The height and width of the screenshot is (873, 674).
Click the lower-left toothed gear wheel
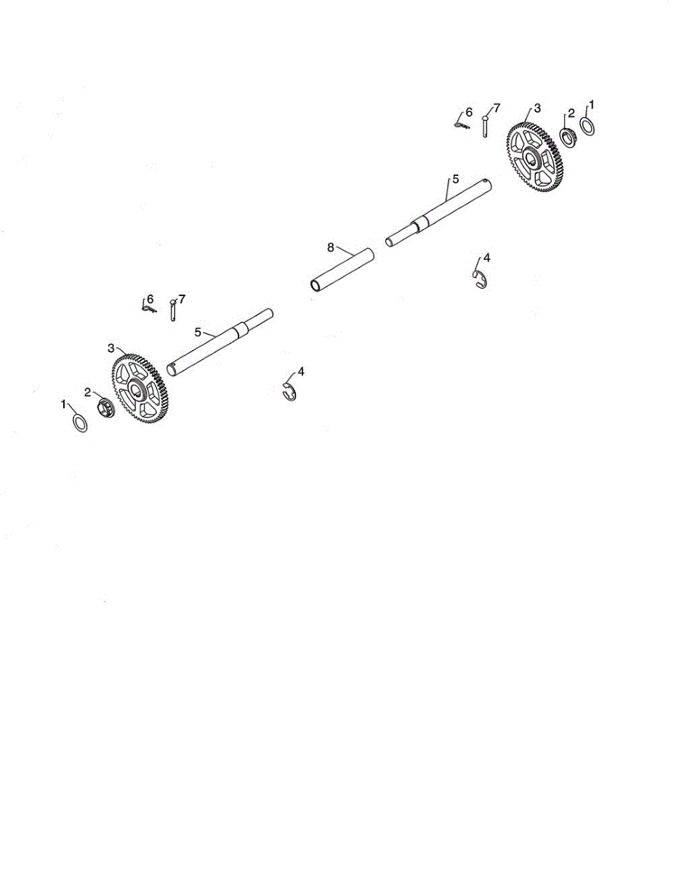coord(138,389)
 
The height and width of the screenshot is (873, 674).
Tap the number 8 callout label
coord(330,248)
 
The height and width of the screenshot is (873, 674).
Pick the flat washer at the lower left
coord(80,422)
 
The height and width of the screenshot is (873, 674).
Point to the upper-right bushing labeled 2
coord(569,137)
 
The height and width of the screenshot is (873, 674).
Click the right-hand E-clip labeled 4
coord(479,279)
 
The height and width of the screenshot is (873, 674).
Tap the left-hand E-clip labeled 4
coord(289,391)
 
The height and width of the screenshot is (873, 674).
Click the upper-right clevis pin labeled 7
coord(483,125)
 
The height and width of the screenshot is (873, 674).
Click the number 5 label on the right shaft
coord(456,178)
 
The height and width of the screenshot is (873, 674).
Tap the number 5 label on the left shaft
coord(197,332)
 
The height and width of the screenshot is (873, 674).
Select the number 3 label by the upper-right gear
coord(537,107)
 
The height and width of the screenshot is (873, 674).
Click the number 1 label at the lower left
coord(64,402)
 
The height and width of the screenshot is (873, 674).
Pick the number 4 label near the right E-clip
coord(486,258)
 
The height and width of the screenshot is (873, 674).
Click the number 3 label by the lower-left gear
coord(111,347)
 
